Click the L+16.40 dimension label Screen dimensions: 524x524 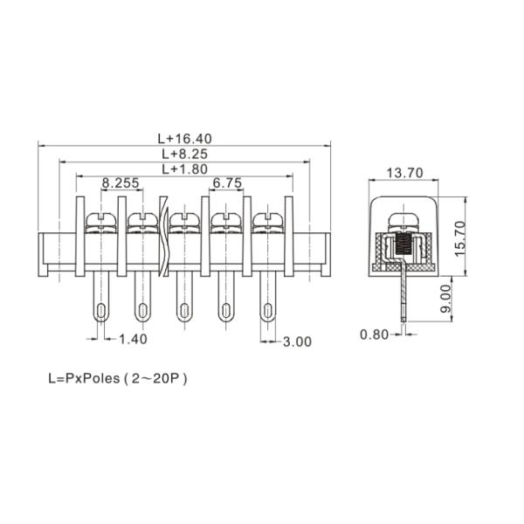[x=185, y=139]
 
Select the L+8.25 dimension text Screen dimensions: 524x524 [x=185, y=154]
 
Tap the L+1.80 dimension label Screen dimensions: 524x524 [x=185, y=169]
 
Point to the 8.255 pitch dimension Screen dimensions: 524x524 [x=121, y=183]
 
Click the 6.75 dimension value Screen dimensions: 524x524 [x=227, y=183]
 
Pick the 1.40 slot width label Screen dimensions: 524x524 [x=133, y=339]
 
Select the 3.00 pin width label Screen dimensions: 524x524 [x=297, y=341]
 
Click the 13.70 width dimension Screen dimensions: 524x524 [x=404, y=173]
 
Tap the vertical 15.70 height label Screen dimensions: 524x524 [x=460, y=238]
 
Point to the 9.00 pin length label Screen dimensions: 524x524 [x=445, y=299]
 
